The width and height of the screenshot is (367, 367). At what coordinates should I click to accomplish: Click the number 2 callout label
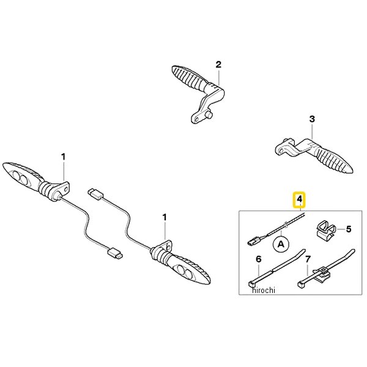click(218, 64)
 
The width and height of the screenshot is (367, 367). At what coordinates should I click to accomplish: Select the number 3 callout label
click(312, 119)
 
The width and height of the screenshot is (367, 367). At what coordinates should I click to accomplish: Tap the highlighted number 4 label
click(300, 199)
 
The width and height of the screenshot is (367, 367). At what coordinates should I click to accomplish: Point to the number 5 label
click(349, 229)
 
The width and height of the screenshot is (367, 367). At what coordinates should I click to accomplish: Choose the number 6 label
click(258, 259)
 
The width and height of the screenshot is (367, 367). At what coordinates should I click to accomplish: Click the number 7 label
click(308, 259)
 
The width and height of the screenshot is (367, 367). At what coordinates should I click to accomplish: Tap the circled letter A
click(281, 244)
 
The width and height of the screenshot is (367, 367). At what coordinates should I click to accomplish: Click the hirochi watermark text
click(264, 290)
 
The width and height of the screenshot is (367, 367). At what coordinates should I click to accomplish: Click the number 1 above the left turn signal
click(63, 157)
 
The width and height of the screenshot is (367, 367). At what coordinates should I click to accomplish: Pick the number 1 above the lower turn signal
click(165, 217)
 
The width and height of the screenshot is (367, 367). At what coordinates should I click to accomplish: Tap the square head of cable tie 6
click(251, 284)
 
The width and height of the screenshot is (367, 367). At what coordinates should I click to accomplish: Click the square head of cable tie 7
click(301, 284)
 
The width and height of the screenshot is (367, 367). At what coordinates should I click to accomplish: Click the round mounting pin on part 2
click(209, 115)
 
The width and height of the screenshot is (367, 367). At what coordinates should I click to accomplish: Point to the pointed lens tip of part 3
click(352, 171)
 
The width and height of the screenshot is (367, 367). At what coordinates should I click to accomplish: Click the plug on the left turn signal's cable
click(115, 253)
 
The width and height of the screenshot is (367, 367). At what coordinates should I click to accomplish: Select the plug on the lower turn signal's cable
click(96, 193)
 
